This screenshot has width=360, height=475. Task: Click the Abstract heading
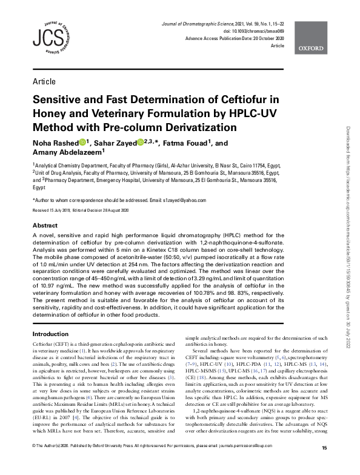click(45, 225)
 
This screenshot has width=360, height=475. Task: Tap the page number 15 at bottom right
click(324, 465)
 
